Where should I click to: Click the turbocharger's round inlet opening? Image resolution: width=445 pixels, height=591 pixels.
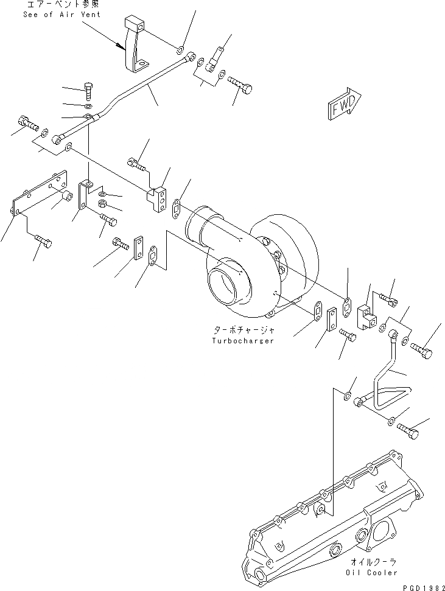(226, 286)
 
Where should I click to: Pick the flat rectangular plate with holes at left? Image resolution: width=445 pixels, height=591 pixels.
(40, 194)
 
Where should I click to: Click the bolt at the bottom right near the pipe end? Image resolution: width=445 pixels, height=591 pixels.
(410, 430)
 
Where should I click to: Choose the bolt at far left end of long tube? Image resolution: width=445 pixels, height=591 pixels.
(26, 123)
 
